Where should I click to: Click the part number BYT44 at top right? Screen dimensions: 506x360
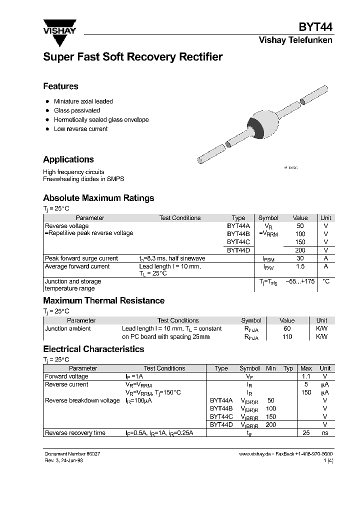coord(315,27)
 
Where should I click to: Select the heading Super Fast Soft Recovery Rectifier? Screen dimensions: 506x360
coord(132,57)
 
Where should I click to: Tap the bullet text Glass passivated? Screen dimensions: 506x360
coord(77,110)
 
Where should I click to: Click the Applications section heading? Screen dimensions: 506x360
coord(68,159)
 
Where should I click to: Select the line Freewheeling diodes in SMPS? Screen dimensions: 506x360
coord(83,179)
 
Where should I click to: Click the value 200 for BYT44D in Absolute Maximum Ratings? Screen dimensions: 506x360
coord(300,250)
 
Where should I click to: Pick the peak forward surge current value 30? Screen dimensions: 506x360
coord(300,258)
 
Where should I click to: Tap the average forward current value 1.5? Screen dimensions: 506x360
coord(300,267)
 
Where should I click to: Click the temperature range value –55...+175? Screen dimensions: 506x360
coord(300,281)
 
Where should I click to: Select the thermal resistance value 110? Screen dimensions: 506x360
coord(287,337)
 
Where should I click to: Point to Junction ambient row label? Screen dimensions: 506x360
coord(68,328)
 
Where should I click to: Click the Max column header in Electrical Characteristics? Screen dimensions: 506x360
coord(306,368)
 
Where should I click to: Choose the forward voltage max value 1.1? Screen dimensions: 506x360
coord(306,376)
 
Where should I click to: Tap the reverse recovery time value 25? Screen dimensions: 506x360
coord(306,432)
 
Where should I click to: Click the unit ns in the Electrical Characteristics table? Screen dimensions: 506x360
coord(325,432)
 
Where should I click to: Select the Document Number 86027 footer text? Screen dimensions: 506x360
coord(75,453)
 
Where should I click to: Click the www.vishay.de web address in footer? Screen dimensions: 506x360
coord(254,453)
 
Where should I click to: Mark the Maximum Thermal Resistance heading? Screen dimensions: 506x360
coord(103,300)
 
